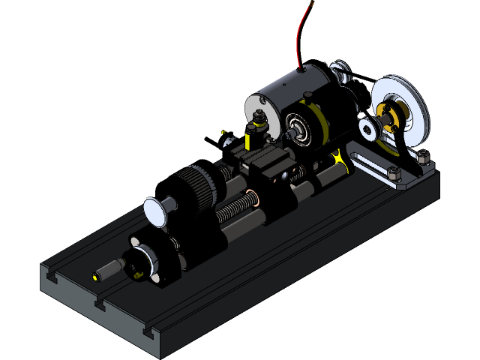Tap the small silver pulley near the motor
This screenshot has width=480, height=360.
[368, 128]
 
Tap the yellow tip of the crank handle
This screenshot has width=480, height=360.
[95, 276]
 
